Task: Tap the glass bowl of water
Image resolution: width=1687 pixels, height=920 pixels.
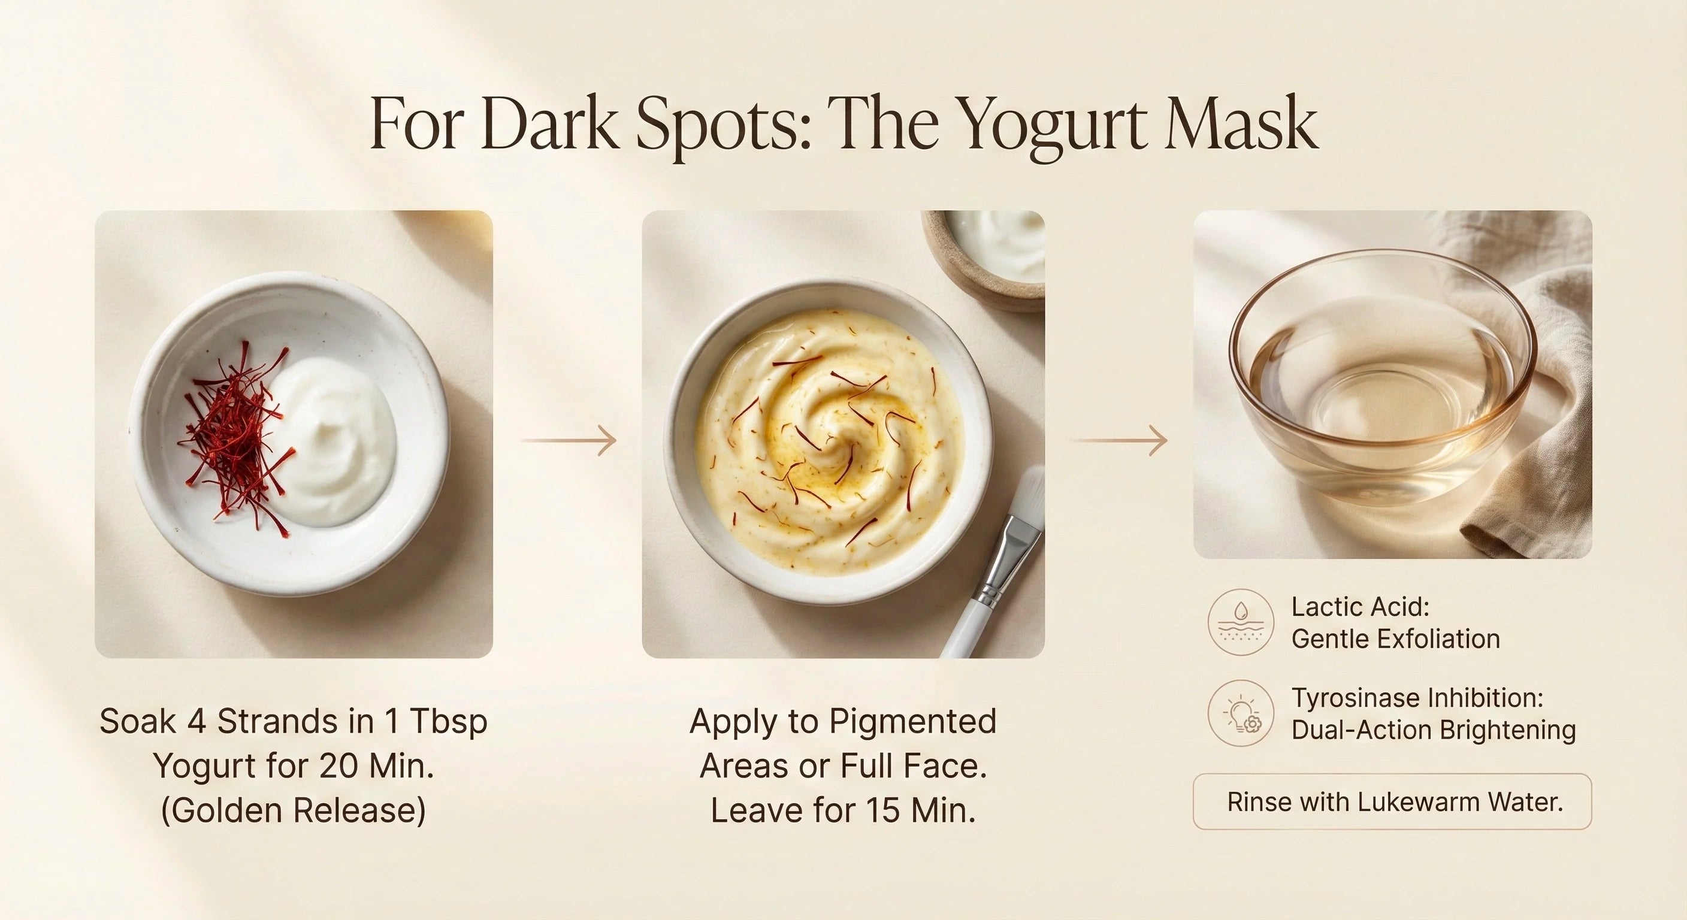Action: pos(1382,393)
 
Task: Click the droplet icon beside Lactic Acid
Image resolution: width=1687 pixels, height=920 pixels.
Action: pos(1240,622)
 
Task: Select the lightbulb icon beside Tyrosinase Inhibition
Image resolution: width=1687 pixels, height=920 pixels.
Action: pos(1240,713)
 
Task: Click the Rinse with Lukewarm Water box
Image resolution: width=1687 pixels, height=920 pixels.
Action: pos(1392,801)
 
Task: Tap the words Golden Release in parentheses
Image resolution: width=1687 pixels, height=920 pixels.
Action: pos(294,810)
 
